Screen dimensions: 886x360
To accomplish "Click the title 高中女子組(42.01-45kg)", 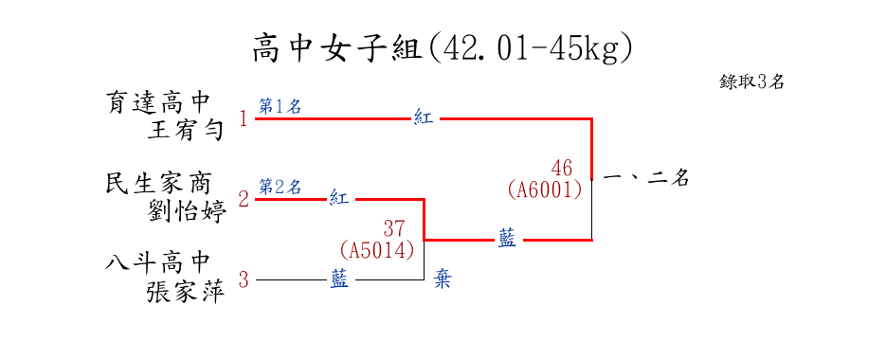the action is pyautogui.click(x=442, y=48).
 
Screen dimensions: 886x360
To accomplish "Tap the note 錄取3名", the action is pyautogui.click(x=751, y=82).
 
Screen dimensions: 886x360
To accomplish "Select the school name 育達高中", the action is pyautogui.click(x=157, y=103).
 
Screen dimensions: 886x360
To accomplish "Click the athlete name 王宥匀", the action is pyautogui.click(x=186, y=130).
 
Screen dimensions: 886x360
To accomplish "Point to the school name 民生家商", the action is pyautogui.click(x=157, y=184).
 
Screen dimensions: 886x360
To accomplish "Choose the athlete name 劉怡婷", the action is pyautogui.click(x=187, y=211).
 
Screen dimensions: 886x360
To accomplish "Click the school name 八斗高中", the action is pyautogui.click(x=157, y=263).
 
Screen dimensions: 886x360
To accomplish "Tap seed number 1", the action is pyautogui.click(x=244, y=119).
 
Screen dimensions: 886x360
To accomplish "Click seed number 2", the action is pyautogui.click(x=244, y=199).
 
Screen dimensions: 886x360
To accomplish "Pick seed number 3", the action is pyautogui.click(x=244, y=279).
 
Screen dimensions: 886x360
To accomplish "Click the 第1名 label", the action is pyautogui.click(x=280, y=107).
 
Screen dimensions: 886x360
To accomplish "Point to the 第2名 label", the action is pyautogui.click(x=280, y=187).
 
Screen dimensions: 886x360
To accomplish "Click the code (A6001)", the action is pyautogui.click(x=545, y=189).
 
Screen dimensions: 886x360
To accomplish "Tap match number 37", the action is pyautogui.click(x=394, y=228).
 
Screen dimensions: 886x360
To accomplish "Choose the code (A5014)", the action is pyautogui.click(x=377, y=250).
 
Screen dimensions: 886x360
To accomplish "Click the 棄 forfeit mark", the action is pyautogui.click(x=443, y=279).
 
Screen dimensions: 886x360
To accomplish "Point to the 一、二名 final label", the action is pyautogui.click(x=646, y=179).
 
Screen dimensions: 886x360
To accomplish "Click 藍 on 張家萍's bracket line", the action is pyautogui.click(x=339, y=279).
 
